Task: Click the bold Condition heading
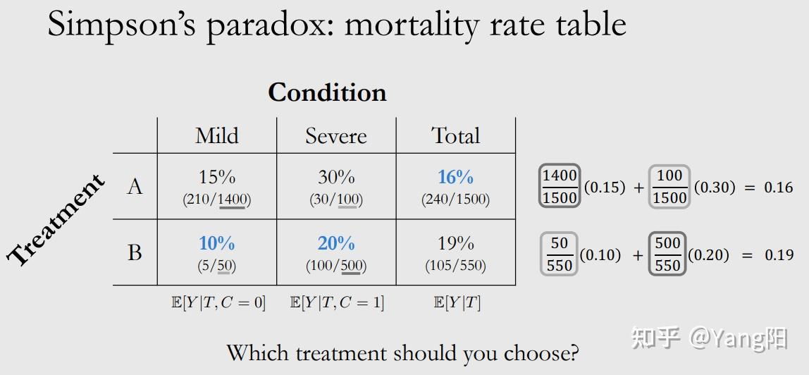tap(327, 92)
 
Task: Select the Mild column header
tap(217, 135)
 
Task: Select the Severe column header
tap(336, 135)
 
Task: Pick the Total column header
tap(456, 135)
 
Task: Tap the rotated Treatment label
tap(57, 220)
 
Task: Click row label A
tap(135, 186)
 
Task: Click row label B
tap(135, 252)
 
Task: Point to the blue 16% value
tap(455, 177)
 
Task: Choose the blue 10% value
tap(216, 243)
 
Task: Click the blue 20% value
tap(336, 243)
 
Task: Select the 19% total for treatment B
tap(455, 243)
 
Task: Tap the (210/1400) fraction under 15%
tap(216, 199)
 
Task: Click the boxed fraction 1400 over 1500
tap(560, 187)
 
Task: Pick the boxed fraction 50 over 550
tap(560, 254)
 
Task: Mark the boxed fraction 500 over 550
tap(667, 254)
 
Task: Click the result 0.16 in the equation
tap(778, 187)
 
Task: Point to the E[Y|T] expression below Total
tap(457, 303)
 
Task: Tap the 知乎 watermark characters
tap(655, 338)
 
